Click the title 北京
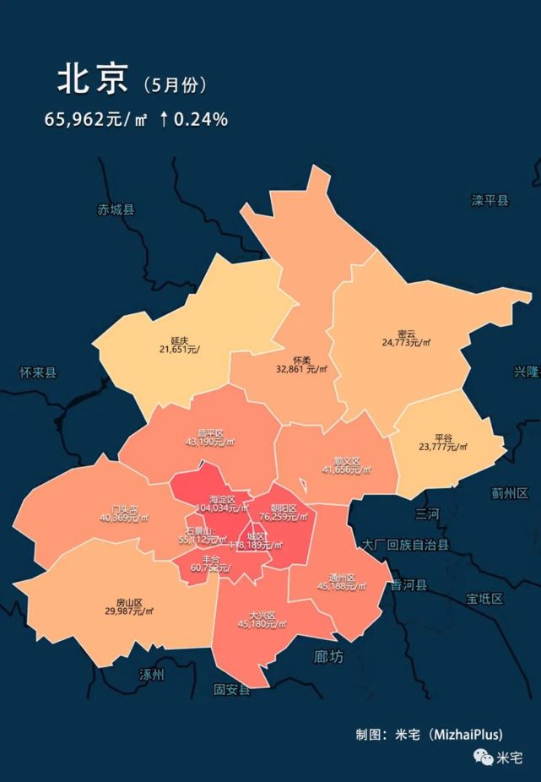(x=92, y=80)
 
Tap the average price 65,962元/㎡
(x=95, y=120)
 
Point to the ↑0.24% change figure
(x=193, y=120)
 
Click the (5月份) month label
(x=175, y=84)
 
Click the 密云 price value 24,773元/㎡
(x=406, y=344)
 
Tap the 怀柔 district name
(x=301, y=360)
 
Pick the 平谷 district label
(x=443, y=438)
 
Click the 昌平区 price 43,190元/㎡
(x=210, y=442)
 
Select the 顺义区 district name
(x=346, y=461)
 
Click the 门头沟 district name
(x=124, y=508)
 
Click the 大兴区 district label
(x=262, y=615)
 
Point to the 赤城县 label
(x=116, y=209)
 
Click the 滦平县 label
(x=490, y=200)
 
